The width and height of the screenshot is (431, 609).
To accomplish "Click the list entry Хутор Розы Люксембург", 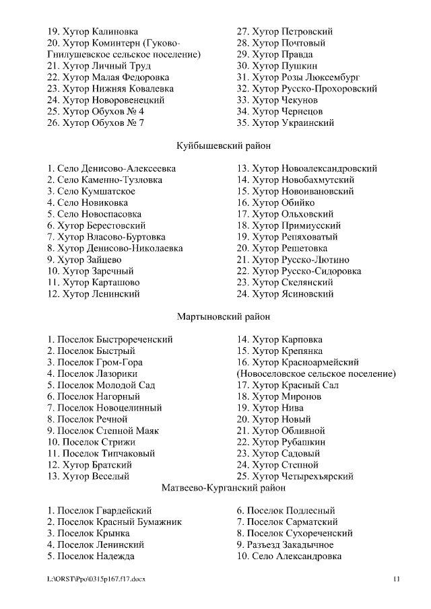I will (298, 77).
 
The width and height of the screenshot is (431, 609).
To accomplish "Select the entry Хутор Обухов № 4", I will (96, 111).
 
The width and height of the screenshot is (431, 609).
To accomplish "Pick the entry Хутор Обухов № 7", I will (96, 122).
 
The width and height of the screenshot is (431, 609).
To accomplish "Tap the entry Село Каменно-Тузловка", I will (104, 180).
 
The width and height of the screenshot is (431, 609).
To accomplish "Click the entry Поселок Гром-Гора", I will (95, 362).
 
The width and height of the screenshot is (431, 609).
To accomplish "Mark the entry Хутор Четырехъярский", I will (295, 476).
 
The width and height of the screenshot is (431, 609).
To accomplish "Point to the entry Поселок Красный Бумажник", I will (114, 522).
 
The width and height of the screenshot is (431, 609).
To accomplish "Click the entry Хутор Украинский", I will (285, 122).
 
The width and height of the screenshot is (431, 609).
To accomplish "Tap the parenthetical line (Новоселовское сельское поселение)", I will (316, 373).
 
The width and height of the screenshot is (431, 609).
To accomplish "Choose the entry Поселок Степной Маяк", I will (102, 431).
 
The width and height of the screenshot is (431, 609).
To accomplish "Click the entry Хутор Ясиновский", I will (285, 293).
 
